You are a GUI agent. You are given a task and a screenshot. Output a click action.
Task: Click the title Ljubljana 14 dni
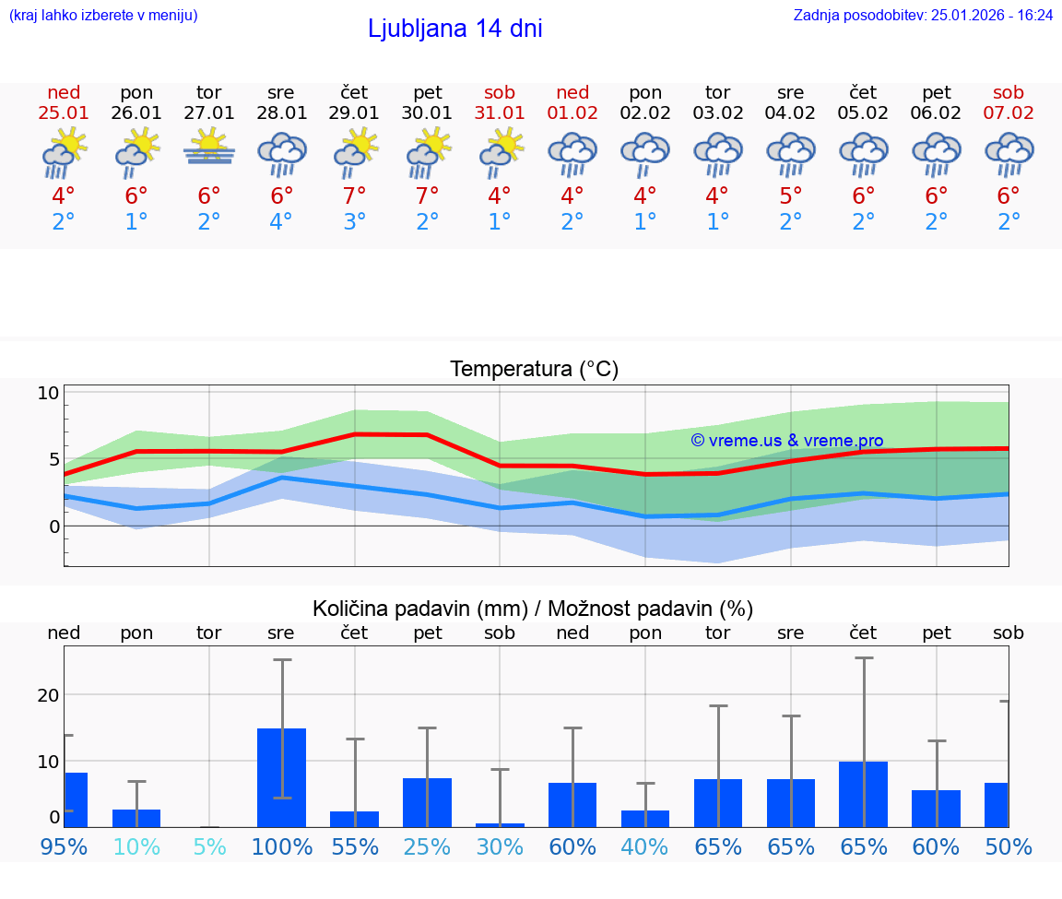(x=454, y=29)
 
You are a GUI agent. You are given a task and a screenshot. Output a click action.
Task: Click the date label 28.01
(x=281, y=113)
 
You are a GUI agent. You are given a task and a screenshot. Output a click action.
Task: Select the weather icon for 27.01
(x=209, y=148)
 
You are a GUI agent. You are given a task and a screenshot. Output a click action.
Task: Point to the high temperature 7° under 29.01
(x=354, y=196)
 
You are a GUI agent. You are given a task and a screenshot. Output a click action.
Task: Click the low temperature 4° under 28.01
(x=281, y=222)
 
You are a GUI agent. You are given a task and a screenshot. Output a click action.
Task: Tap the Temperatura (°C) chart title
(x=534, y=370)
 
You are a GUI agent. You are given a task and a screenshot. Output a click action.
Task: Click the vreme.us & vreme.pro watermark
(x=786, y=441)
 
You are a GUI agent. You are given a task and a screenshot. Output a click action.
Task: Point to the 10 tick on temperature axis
(x=48, y=393)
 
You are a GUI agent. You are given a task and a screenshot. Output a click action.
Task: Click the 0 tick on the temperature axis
(x=53, y=526)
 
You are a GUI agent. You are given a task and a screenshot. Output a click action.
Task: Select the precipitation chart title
(x=532, y=609)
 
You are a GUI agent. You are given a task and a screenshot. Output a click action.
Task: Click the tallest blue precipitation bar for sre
(x=281, y=777)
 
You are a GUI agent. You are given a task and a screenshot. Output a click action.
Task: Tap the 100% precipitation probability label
(x=281, y=847)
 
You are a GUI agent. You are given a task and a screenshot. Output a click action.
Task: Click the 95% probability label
(x=64, y=847)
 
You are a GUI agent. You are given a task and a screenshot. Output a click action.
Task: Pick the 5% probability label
(x=209, y=847)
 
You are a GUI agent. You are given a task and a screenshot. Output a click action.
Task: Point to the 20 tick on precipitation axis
(x=48, y=695)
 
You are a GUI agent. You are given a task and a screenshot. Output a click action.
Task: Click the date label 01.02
(x=572, y=113)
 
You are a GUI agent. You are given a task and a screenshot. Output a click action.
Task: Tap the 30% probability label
(x=500, y=847)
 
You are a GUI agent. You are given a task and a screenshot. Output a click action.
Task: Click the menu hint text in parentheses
(x=103, y=15)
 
